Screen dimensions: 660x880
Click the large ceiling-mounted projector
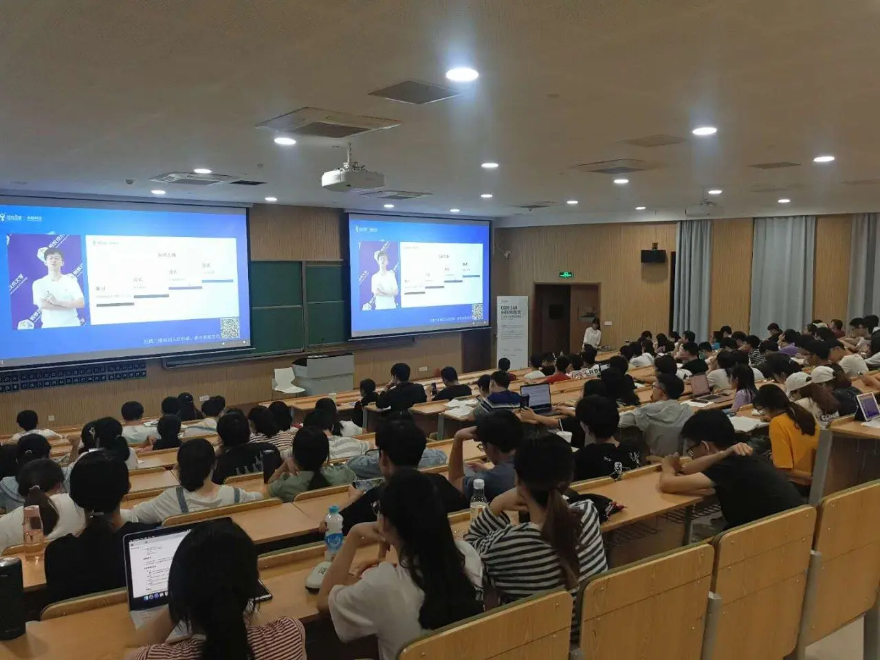tap(353, 177)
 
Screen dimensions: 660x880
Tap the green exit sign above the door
tap(564, 275)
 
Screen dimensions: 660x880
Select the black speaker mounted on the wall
tap(653, 256)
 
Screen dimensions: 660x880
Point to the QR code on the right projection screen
tap(477, 311)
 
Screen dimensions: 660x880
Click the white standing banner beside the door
tap(512, 331)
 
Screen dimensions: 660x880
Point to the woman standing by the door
tap(592, 334)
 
